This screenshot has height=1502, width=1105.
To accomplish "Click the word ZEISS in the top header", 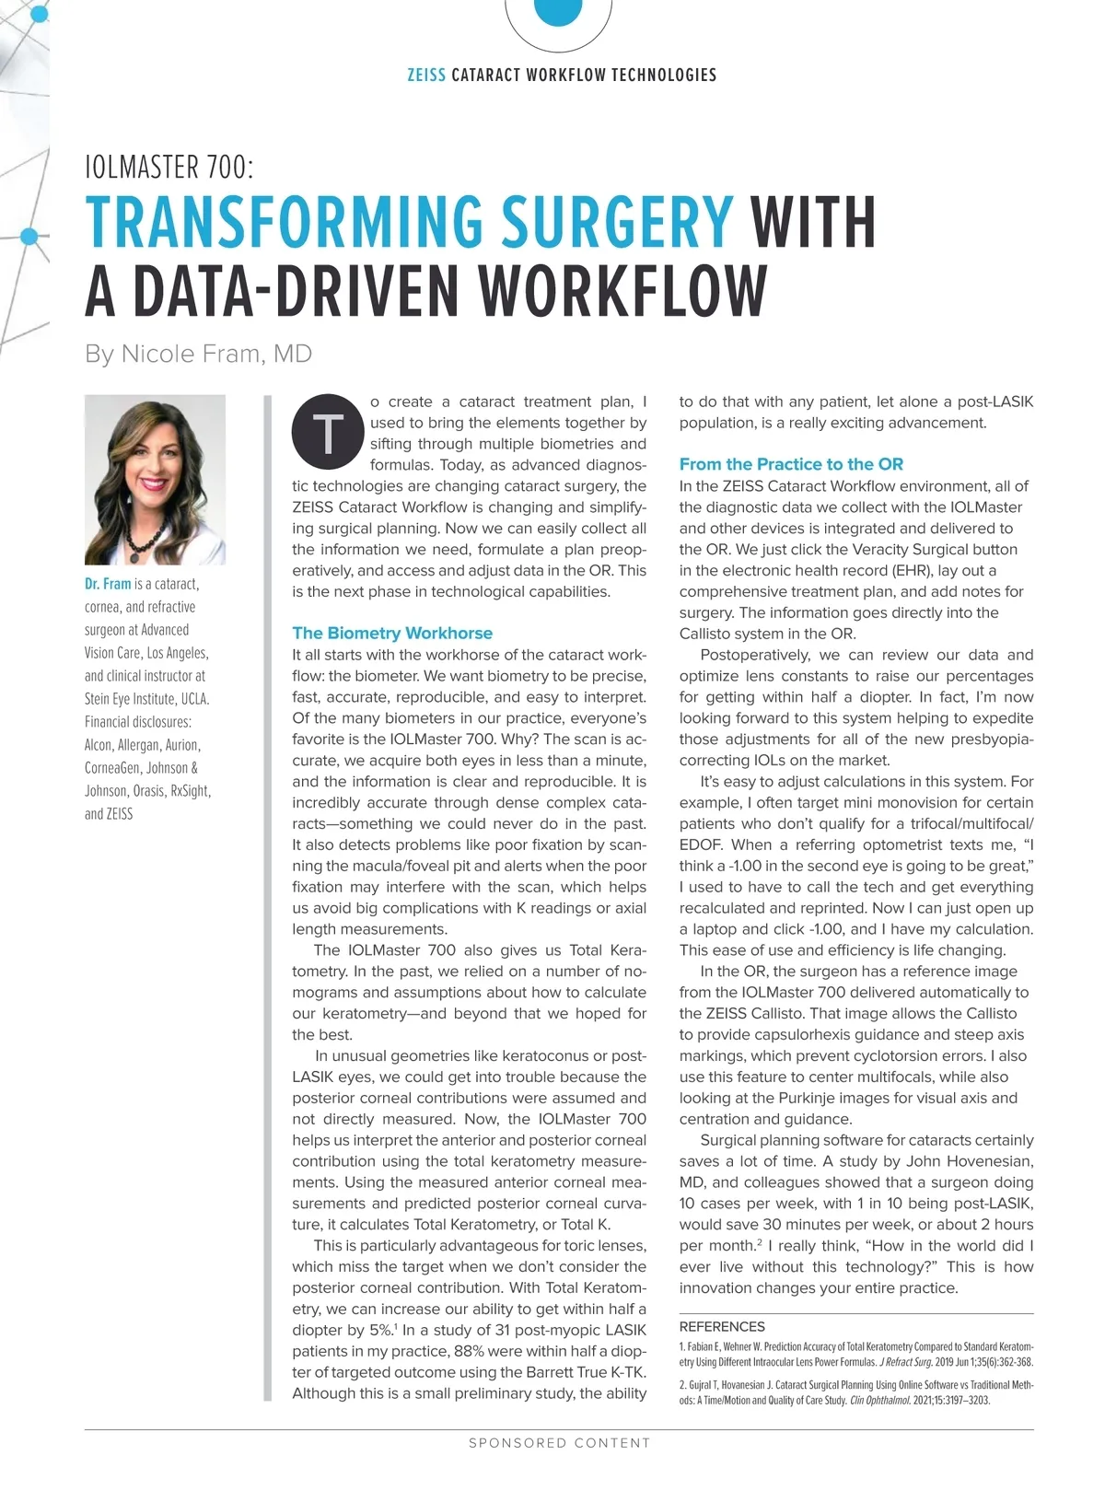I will [426, 76].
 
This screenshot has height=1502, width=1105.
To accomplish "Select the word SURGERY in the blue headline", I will [617, 222].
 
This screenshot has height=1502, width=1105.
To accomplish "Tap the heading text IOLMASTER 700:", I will [169, 168].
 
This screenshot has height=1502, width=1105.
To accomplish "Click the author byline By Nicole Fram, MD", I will [198, 354].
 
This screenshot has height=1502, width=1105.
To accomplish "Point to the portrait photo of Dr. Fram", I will [155, 479].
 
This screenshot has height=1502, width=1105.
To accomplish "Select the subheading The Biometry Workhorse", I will [392, 633].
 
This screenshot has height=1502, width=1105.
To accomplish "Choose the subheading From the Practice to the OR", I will [791, 464].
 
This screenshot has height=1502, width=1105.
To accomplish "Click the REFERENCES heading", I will [722, 1326].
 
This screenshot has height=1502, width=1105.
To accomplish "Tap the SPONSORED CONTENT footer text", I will [559, 1443].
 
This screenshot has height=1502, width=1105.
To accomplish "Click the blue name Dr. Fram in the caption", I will [108, 584].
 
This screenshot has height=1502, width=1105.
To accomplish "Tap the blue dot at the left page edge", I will [29, 237].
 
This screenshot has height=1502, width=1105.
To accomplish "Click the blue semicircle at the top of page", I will [557, 11].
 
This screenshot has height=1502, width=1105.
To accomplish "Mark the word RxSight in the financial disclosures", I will [190, 791].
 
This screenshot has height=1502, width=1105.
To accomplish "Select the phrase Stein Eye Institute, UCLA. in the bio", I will [146, 699].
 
